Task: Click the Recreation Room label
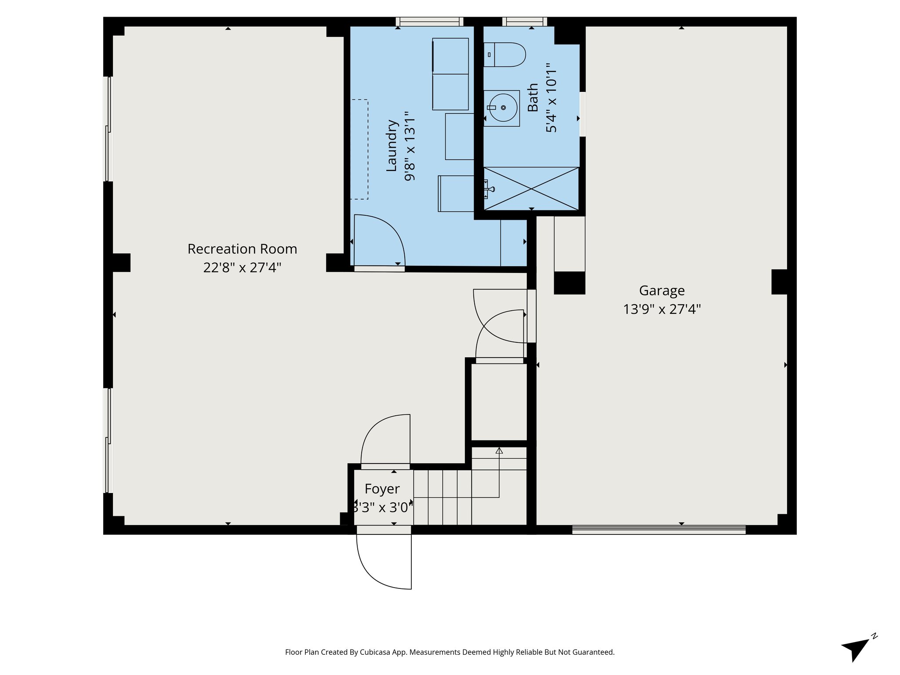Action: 242,249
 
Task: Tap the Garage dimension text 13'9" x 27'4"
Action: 661,309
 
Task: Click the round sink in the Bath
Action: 503,108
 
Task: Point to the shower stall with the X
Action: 531,189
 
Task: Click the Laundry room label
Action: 392,145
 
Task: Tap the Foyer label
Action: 382,489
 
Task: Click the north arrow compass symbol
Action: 856,650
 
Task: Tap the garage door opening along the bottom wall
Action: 658,530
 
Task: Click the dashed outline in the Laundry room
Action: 359,149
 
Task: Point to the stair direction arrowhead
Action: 499,450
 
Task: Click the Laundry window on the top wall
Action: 429,22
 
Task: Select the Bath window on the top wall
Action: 525,22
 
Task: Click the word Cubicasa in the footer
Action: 377,652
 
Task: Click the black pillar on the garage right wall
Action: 779,282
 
